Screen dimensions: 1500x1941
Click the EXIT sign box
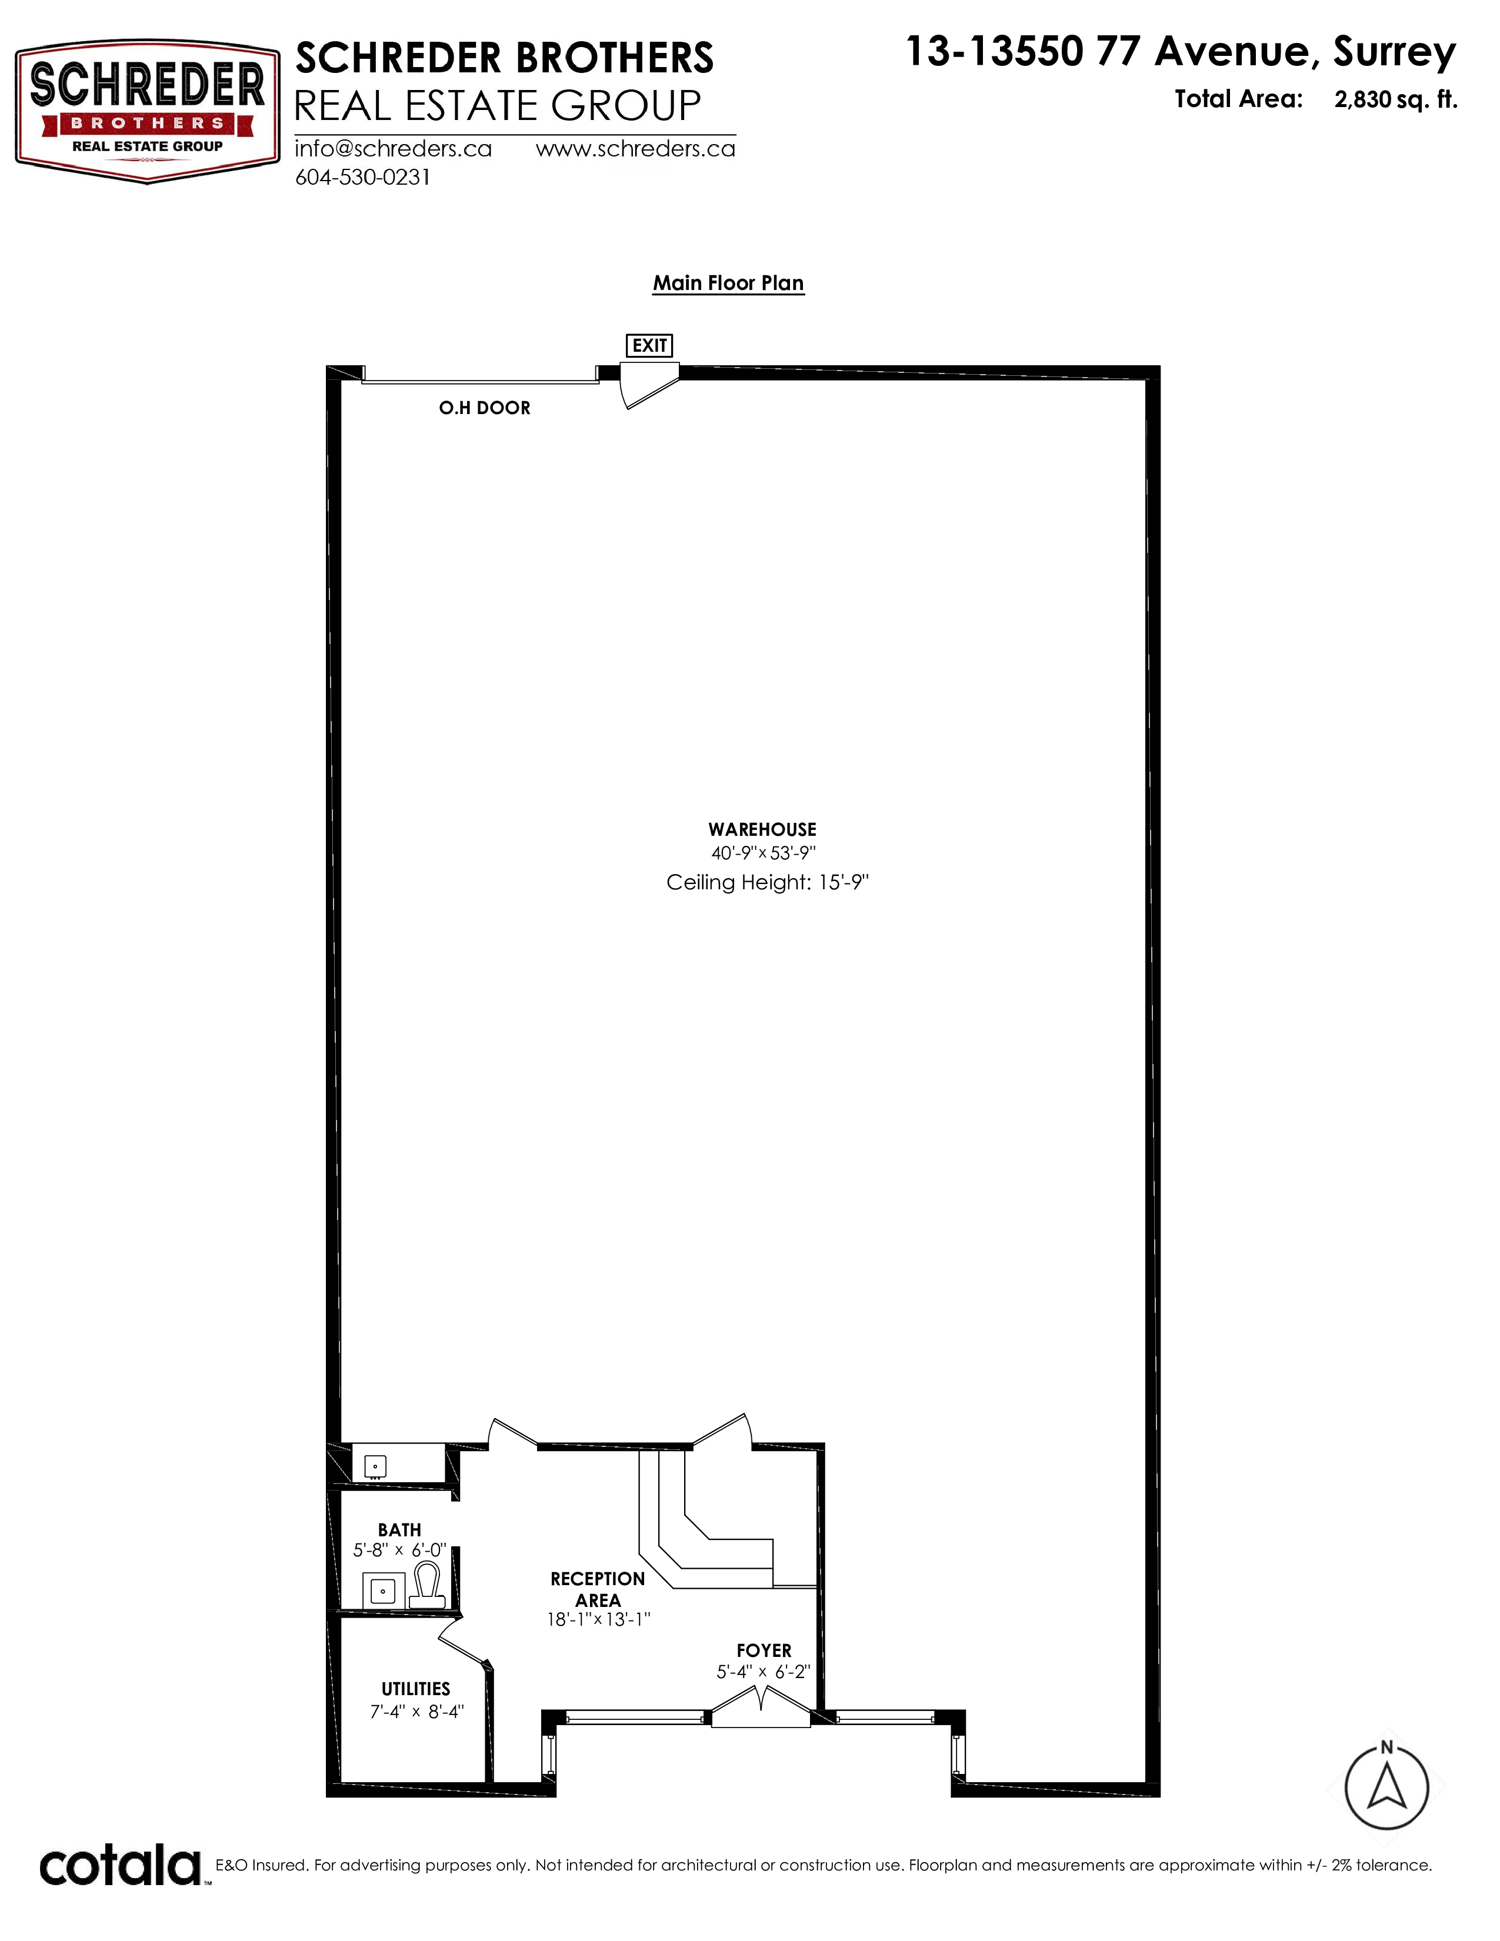click(649, 345)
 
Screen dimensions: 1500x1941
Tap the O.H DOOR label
click(484, 408)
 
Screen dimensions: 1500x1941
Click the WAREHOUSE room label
click(762, 829)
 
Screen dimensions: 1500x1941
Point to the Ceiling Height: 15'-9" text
click(767, 882)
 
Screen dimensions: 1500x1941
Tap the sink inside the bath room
click(383, 1589)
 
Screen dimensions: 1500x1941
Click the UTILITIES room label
click(416, 1689)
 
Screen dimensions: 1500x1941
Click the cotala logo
click(120, 1866)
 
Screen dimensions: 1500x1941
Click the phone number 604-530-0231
click(362, 177)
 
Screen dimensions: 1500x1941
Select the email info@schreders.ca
click(394, 148)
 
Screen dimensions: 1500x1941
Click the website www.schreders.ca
click(635, 148)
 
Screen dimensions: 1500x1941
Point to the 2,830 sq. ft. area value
click(1395, 99)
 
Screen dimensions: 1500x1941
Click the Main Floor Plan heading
click(729, 282)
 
